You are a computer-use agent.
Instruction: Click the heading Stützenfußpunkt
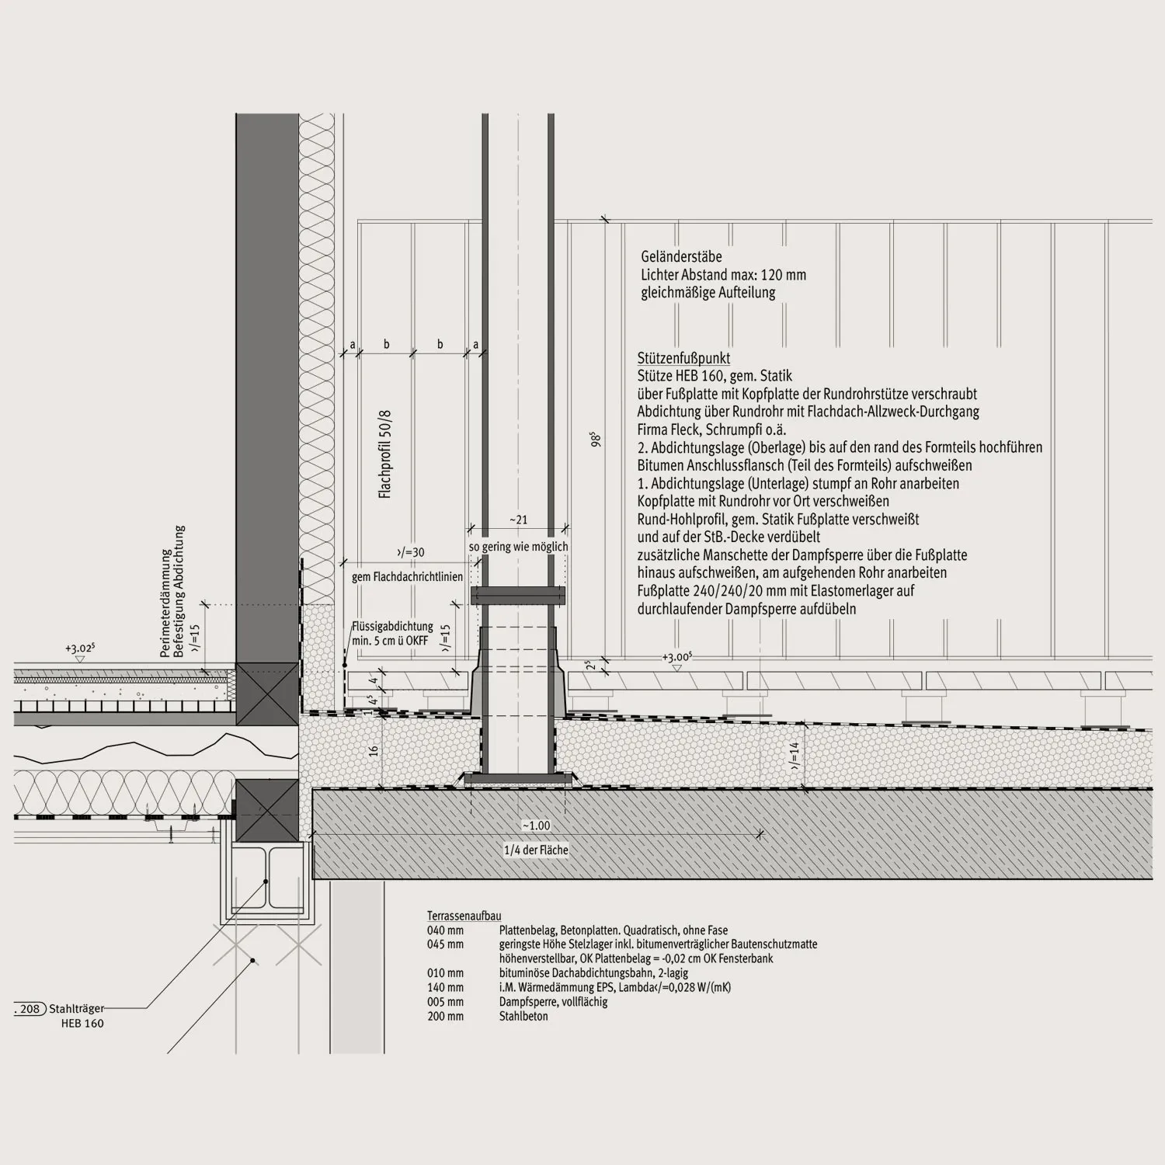[683, 358]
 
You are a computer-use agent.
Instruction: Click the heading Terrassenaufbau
[464, 916]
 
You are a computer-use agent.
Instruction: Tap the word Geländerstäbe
[681, 256]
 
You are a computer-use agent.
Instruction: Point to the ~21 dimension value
[518, 520]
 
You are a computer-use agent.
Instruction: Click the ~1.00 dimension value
[536, 826]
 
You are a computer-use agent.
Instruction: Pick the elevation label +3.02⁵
[80, 649]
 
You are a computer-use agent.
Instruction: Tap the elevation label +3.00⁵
[676, 657]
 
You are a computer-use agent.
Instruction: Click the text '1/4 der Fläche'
[536, 850]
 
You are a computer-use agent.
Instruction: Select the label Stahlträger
[76, 1009]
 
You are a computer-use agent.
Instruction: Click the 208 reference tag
[30, 1009]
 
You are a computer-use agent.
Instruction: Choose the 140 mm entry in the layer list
[445, 988]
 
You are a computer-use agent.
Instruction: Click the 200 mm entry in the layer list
[445, 1016]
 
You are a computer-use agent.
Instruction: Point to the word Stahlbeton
[523, 1016]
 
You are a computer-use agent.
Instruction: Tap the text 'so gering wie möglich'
[518, 547]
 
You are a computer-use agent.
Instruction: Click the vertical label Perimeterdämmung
[165, 604]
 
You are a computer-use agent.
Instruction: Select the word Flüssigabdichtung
[392, 627]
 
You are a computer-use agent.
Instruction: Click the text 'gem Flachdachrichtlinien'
[407, 577]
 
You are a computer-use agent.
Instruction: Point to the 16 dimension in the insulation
[374, 751]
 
